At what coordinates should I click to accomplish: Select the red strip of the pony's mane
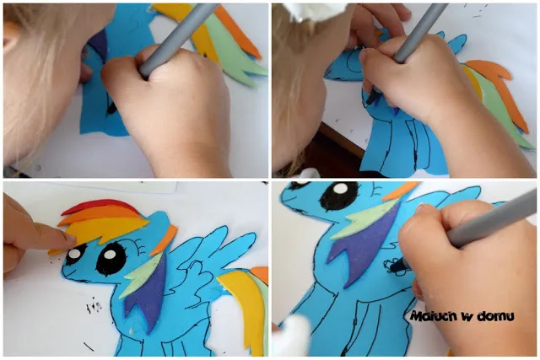(100, 206)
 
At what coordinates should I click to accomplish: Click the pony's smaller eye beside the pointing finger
(73, 255)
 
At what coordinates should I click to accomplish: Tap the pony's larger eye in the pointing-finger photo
(111, 257)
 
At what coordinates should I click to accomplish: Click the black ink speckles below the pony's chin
(94, 306)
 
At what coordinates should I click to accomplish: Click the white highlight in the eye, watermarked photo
(340, 188)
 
